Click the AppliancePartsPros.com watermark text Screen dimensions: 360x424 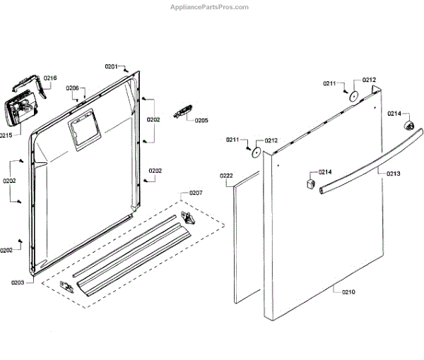(x=210, y=6)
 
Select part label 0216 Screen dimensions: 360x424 (x=50, y=78)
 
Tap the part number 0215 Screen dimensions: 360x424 (x=6, y=134)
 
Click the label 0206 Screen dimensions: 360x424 (x=73, y=88)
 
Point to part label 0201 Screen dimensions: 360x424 (x=111, y=66)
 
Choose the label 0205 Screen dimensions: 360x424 (x=201, y=120)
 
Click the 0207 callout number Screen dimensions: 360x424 (x=196, y=193)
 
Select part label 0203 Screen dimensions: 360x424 (x=18, y=282)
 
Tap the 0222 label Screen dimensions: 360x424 (x=226, y=175)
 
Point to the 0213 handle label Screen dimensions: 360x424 (x=393, y=173)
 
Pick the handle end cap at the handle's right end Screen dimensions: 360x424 (x=408, y=126)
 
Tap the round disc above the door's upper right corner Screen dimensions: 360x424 (x=354, y=96)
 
